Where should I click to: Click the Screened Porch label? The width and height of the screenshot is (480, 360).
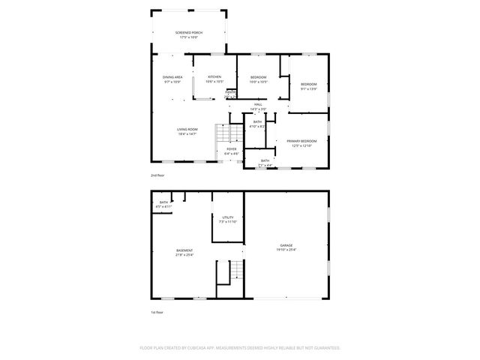click(189, 33)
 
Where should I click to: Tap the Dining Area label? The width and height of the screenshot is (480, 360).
click(173, 77)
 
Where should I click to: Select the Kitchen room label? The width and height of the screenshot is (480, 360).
click(214, 77)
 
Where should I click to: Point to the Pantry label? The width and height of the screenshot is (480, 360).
click(231, 92)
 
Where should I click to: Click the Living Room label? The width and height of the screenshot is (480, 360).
click(187, 130)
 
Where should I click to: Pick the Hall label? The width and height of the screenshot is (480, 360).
click(258, 104)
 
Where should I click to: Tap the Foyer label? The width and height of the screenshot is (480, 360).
click(232, 148)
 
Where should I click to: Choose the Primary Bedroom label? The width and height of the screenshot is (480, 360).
click(301, 141)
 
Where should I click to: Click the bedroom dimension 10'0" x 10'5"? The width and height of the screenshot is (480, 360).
click(258, 82)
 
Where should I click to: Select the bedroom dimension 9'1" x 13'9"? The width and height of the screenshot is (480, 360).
click(309, 88)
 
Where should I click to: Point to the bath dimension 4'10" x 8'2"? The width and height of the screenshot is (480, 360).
click(257, 127)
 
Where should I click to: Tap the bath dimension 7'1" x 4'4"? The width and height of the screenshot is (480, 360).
click(265, 165)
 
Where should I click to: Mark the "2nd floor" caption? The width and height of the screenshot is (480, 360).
click(157, 175)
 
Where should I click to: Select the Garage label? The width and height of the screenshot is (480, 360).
click(286, 245)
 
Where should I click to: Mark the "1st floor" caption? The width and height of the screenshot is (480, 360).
click(157, 312)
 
